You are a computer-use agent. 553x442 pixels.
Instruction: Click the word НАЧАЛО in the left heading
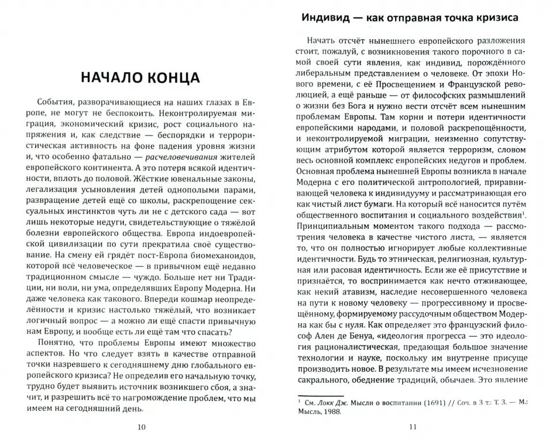[x=107, y=77]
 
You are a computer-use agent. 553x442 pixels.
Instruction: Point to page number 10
[x=142, y=427]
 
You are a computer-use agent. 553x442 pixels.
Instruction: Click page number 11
[x=411, y=427]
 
